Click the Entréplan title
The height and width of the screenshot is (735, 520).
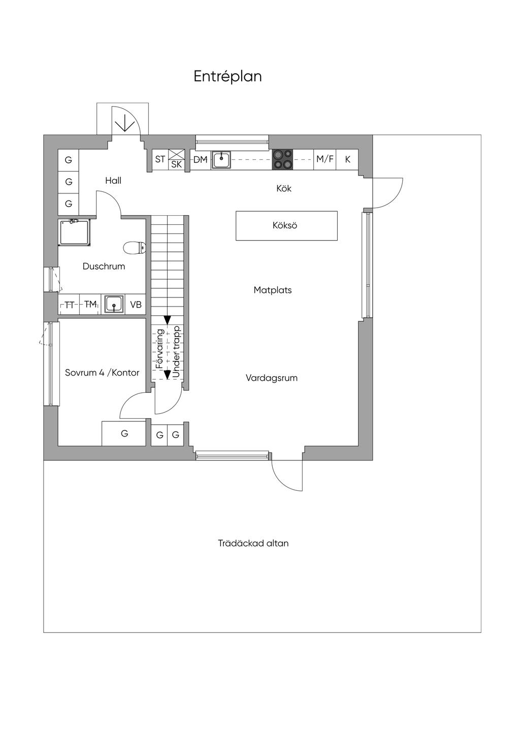[x=227, y=77]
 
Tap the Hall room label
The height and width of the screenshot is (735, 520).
[x=113, y=181]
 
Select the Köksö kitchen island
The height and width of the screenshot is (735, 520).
[x=286, y=226]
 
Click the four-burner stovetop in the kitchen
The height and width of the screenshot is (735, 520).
[x=282, y=159]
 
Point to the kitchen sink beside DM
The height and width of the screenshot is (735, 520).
[x=221, y=160]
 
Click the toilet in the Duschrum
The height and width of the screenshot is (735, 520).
[x=135, y=248]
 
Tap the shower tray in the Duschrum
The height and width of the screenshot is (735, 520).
[x=75, y=232]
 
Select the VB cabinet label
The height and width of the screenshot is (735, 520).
[x=136, y=305]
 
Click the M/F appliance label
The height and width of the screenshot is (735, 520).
[x=325, y=159]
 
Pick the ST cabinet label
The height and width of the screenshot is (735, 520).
[x=160, y=159]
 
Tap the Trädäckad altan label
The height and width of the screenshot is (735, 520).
[x=253, y=543]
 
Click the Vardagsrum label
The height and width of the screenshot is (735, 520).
[x=272, y=378]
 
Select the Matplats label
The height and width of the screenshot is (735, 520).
[x=273, y=290]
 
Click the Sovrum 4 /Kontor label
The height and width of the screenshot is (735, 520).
[x=102, y=373]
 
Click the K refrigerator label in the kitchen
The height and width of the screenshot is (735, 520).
[x=348, y=159]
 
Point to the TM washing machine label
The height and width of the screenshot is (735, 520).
[x=90, y=305]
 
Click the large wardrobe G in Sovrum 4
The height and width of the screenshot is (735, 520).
[x=124, y=434]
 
